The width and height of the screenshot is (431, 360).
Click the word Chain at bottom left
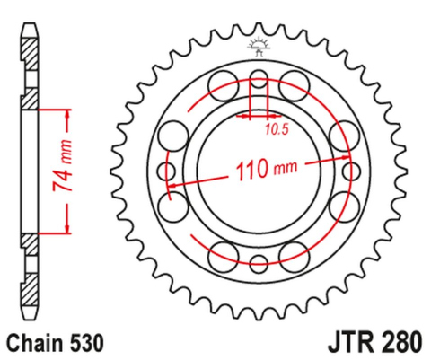(x=36, y=342)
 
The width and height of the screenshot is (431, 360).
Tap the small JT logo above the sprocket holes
(x=258, y=44)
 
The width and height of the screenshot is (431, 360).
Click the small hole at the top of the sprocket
(x=258, y=75)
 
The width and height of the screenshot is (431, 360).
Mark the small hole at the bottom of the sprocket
(x=258, y=264)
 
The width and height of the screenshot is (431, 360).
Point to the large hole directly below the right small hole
(x=345, y=206)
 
